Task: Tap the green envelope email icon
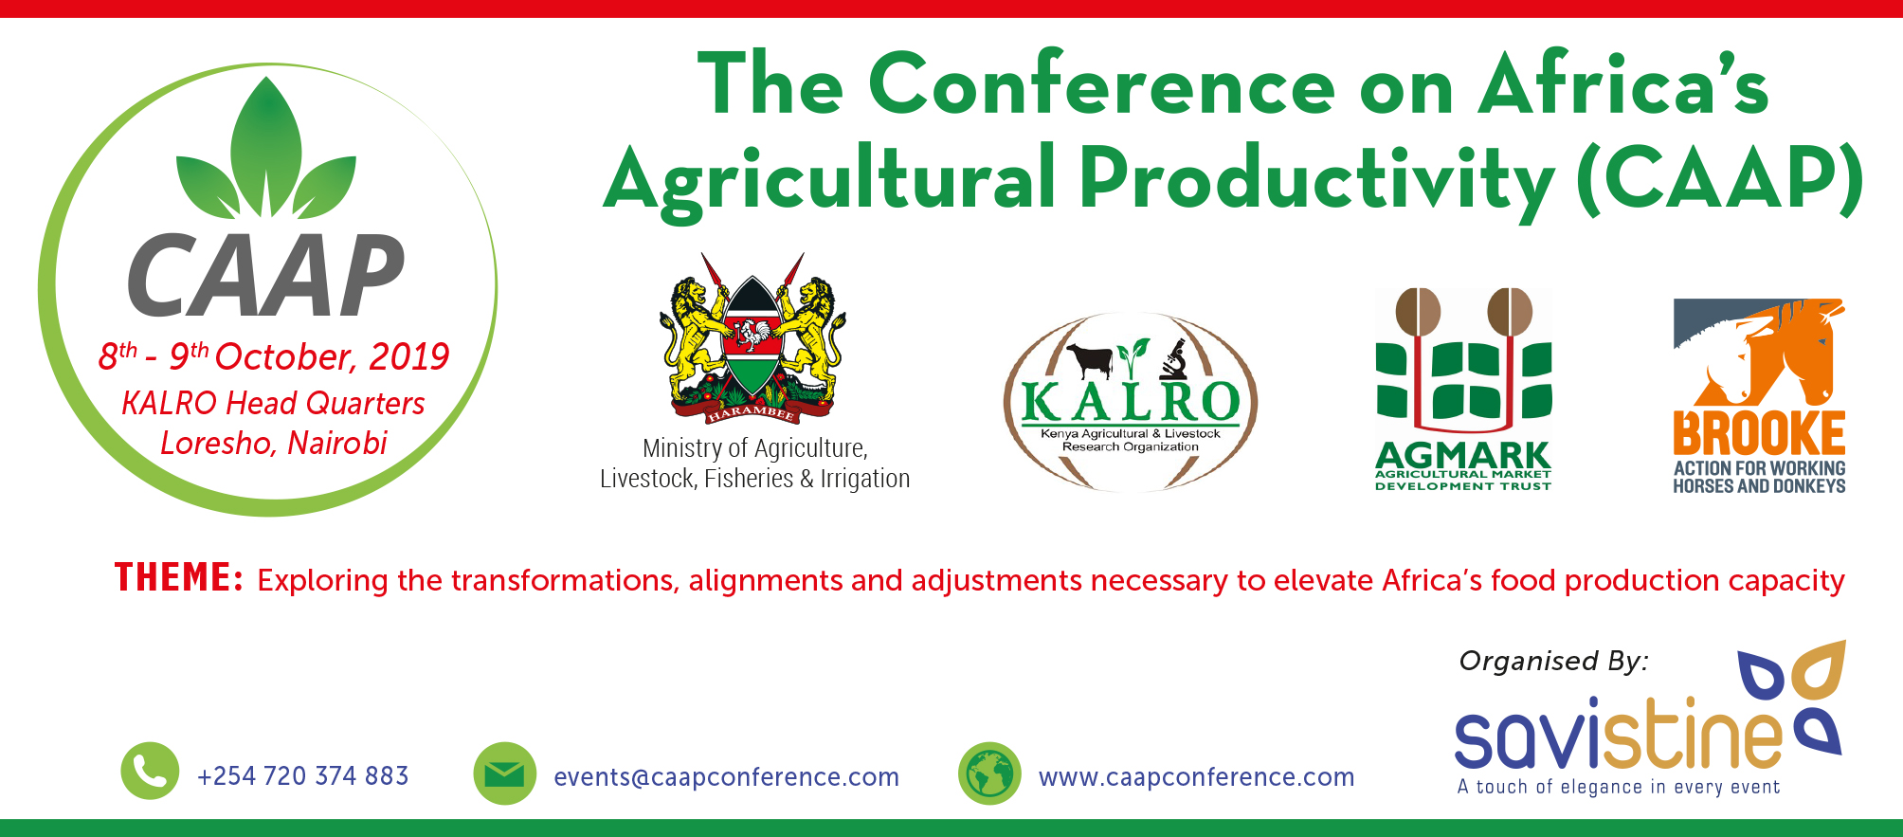pos(504,773)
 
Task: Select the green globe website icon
pos(989,773)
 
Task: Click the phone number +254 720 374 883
pos(303,776)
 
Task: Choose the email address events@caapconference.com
pos(726,777)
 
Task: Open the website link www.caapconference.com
pos(1196,777)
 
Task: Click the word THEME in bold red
pos(179,577)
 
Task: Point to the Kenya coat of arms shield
pos(752,337)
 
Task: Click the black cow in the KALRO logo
pos(1090,359)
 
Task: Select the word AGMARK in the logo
pos(1462,456)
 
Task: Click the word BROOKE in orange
pos(1759,434)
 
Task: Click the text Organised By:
pos(1554,661)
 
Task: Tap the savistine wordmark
pos(1619,735)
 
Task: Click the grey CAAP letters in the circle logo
pos(266,275)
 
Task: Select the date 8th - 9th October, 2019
pos(274,356)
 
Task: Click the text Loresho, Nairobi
pos(274,443)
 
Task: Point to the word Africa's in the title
pos(1623,85)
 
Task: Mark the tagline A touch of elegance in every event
pos(1619,787)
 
